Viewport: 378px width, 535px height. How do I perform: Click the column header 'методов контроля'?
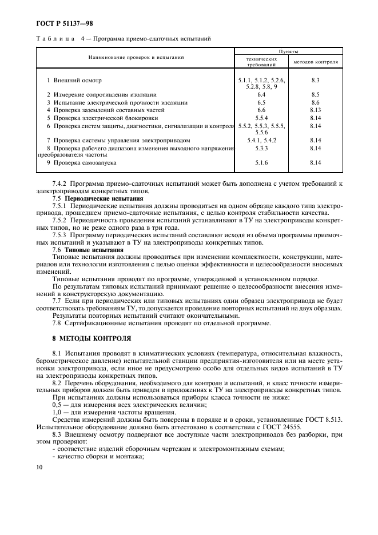point(316,61)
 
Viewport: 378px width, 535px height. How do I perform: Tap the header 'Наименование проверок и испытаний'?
point(136,57)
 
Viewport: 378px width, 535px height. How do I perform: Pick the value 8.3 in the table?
point(316,81)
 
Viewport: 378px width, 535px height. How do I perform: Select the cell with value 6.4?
point(261,94)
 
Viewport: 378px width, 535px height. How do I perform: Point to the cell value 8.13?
point(316,109)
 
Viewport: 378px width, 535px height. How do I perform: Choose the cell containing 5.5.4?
point(261,117)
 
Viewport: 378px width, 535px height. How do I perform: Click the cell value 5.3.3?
point(261,148)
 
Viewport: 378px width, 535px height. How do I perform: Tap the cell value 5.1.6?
point(261,162)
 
